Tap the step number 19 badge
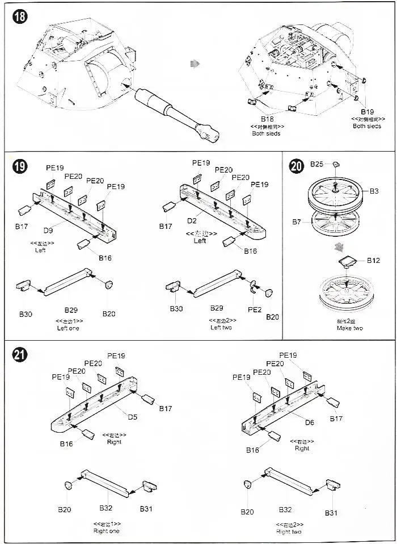pyautogui.click(x=20, y=166)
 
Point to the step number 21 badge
pyautogui.click(x=20, y=355)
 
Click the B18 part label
pyautogui.click(x=267, y=118)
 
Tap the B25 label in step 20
pyautogui.click(x=316, y=164)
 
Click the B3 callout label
pyautogui.click(x=374, y=191)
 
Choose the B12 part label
pyautogui.click(x=373, y=261)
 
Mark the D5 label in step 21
pyautogui.click(x=132, y=417)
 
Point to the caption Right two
pyautogui.click(x=289, y=532)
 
